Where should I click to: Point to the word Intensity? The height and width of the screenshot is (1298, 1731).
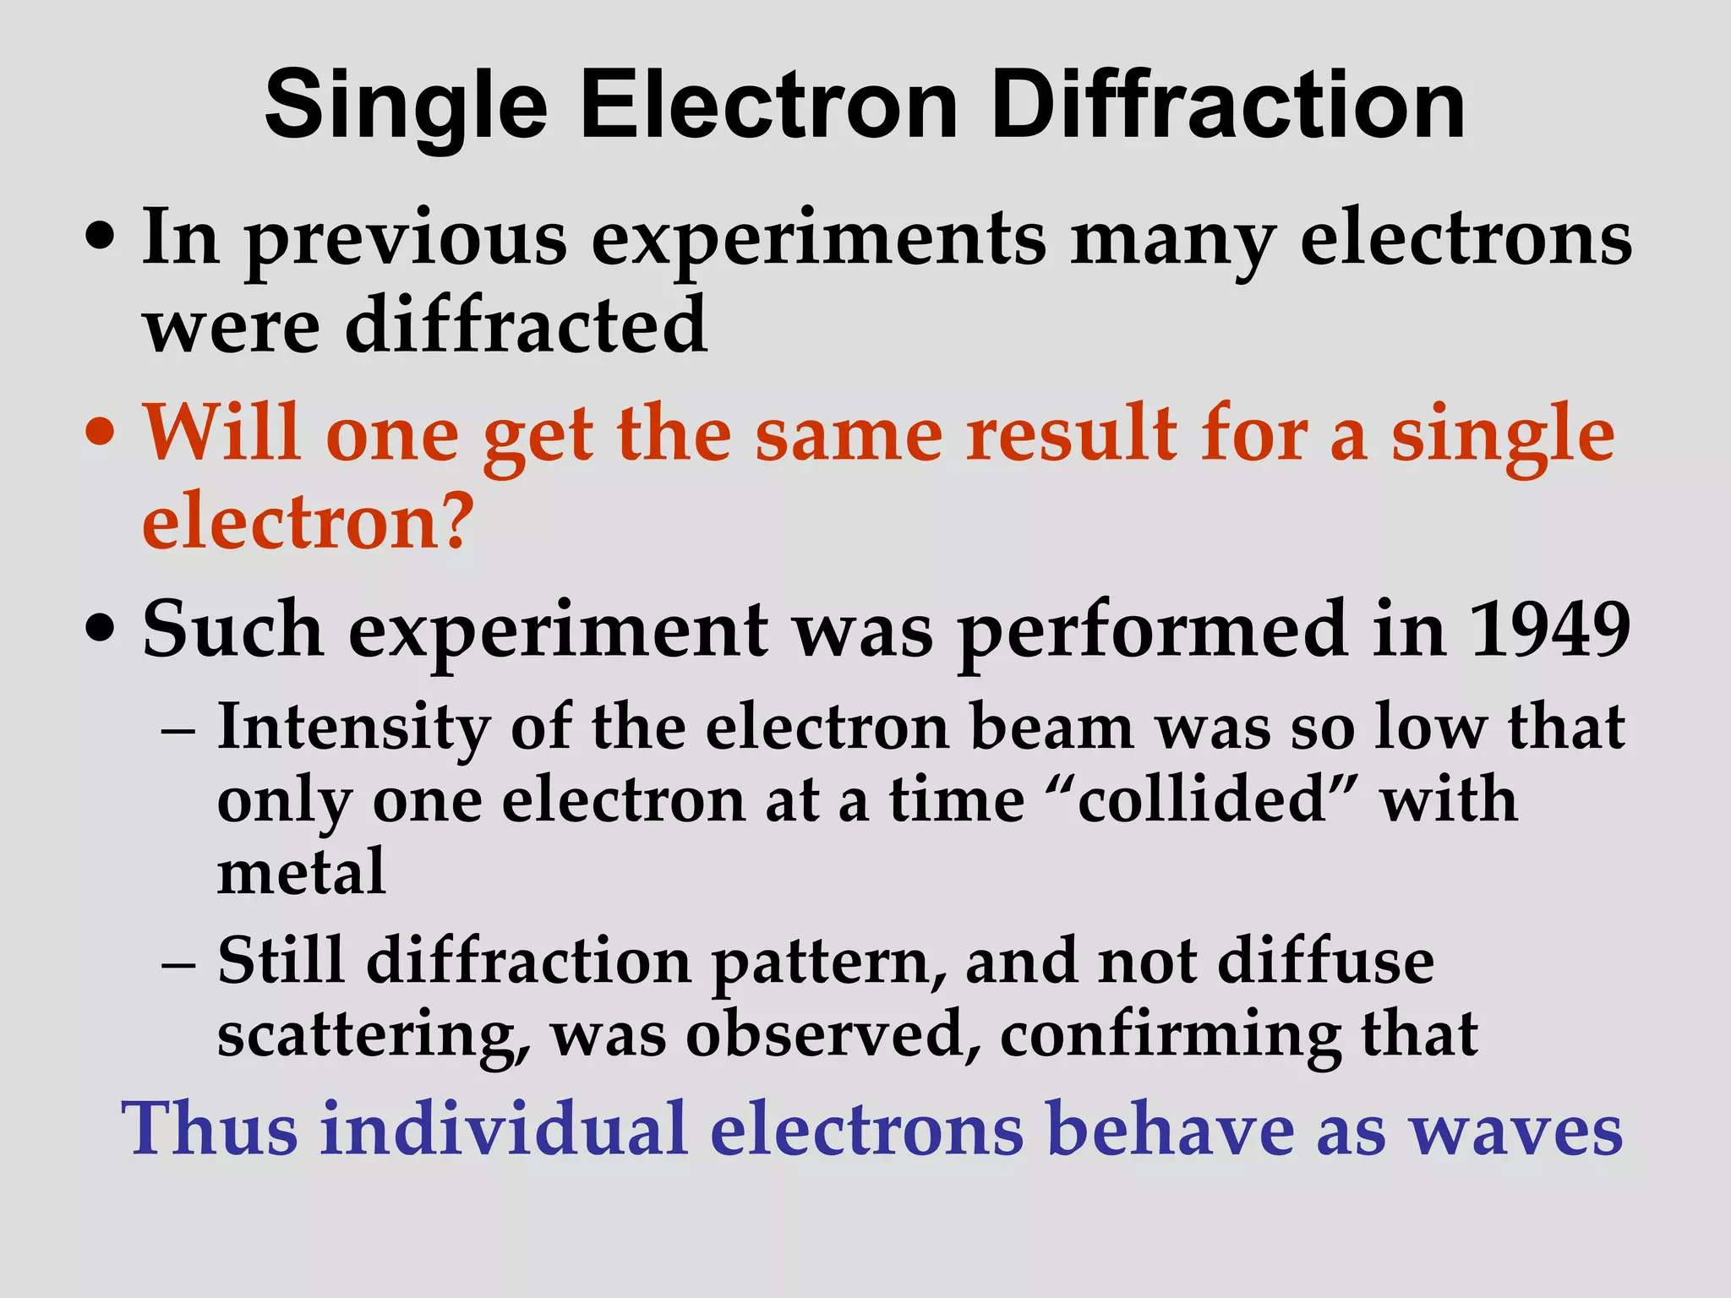click(353, 728)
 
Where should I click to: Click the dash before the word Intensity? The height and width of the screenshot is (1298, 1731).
click(178, 728)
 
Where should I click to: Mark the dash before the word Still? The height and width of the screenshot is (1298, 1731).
click(178, 963)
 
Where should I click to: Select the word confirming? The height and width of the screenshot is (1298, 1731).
click(1170, 1035)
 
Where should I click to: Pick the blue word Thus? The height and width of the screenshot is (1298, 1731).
click(210, 1129)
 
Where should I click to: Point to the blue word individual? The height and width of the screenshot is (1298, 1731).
click(504, 1129)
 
